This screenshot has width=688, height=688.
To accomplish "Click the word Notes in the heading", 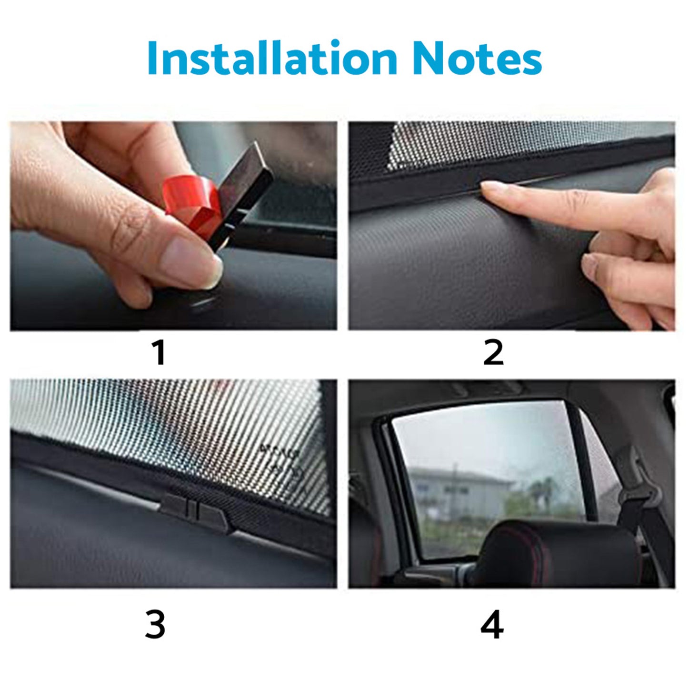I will [477, 58].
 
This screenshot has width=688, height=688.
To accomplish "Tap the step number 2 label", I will [493, 353].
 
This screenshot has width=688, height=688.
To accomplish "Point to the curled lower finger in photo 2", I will [619, 271].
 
